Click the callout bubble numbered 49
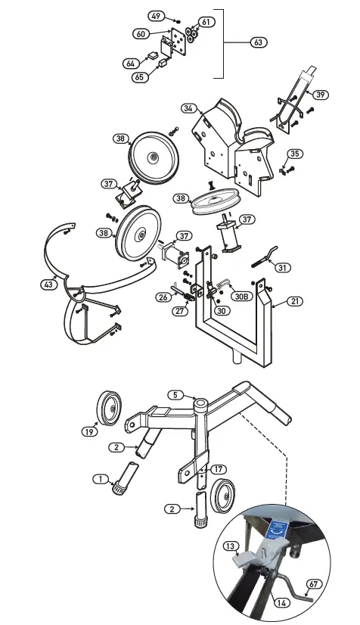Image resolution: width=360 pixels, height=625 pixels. click(155, 16)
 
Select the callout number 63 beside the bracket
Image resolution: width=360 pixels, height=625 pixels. click(259, 43)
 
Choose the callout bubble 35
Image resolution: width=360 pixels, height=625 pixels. click(295, 154)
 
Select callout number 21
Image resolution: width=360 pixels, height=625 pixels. click(295, 301)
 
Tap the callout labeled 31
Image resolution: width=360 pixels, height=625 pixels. click(283, 267)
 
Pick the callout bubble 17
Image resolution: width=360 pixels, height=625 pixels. click(219, 469)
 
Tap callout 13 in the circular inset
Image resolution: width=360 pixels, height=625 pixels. click(231, 546)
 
